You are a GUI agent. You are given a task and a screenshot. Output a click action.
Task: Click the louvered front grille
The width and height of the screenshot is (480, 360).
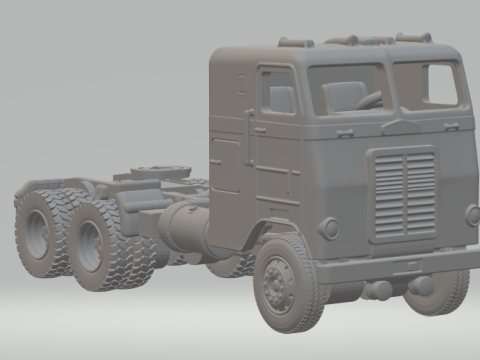[404, 196]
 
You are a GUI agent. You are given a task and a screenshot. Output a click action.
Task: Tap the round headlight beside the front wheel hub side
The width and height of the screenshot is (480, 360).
[329, 228]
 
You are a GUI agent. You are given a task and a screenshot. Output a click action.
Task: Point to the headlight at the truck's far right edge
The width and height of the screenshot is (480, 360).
[472, 215]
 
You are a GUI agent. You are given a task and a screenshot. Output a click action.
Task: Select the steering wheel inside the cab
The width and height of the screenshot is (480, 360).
[369, 100]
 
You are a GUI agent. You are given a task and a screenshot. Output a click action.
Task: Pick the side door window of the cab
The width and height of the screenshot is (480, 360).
[277, 91]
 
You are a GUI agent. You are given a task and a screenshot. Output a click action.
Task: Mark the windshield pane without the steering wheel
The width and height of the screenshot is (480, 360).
[429, 85]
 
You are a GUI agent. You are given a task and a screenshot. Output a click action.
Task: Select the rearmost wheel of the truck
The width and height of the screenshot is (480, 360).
[38, 231]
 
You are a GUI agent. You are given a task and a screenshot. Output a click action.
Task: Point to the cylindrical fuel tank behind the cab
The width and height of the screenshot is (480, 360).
[183, 230]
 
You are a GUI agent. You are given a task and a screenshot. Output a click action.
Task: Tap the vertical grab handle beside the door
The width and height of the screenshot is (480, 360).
[249, 137]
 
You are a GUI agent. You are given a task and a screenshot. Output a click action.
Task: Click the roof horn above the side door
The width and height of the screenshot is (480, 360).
[296, 42]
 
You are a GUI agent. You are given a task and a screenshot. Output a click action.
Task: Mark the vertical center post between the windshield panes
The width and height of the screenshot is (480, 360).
[390, 87]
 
